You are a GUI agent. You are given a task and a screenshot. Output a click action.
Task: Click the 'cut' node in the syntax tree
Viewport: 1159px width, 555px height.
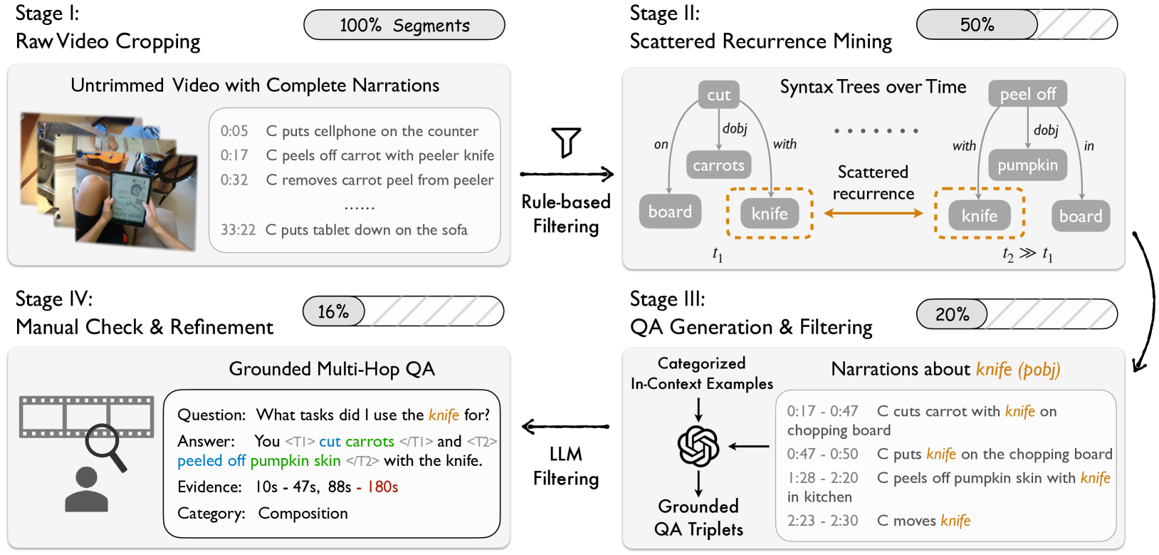click(718, 95)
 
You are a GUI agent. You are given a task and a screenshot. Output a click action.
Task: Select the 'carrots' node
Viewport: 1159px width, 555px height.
click(718, 165)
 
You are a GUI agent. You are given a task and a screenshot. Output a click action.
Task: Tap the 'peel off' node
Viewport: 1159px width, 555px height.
click(1027, 94)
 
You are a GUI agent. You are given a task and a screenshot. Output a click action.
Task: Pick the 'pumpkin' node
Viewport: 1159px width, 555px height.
click(1027, 165)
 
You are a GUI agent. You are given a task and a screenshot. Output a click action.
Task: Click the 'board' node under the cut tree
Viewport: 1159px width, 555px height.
click(670, 212)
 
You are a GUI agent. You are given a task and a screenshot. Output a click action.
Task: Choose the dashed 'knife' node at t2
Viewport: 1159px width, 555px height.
click(979, 215)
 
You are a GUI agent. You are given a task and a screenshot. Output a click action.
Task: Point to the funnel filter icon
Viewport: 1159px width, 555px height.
click(567, 142)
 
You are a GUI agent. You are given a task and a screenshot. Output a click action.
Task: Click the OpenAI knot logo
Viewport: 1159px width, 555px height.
click(698, 446)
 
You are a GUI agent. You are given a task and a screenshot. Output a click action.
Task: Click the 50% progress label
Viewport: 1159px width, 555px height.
click(977, 25)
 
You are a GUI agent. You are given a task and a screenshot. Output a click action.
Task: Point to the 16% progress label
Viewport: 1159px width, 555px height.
click(333, 312)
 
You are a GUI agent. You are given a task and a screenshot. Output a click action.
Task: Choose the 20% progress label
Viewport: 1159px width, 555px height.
click(952, 314)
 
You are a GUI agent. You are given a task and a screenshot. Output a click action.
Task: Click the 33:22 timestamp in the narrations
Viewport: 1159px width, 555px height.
click(238, 230)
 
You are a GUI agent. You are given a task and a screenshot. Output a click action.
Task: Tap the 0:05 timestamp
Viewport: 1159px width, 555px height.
click(234, 131)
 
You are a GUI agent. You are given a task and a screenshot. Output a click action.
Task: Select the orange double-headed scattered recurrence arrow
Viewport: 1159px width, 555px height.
click(873, 213)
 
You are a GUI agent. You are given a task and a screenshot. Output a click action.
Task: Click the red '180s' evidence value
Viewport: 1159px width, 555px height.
click(382, 487)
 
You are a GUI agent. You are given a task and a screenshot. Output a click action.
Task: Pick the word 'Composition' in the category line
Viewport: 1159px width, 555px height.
click(303, 514)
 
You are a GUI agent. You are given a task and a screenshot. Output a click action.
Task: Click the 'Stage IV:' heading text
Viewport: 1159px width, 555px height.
click(54, 299)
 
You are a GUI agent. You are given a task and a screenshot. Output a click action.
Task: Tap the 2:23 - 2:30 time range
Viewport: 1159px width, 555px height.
click(822, 521)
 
